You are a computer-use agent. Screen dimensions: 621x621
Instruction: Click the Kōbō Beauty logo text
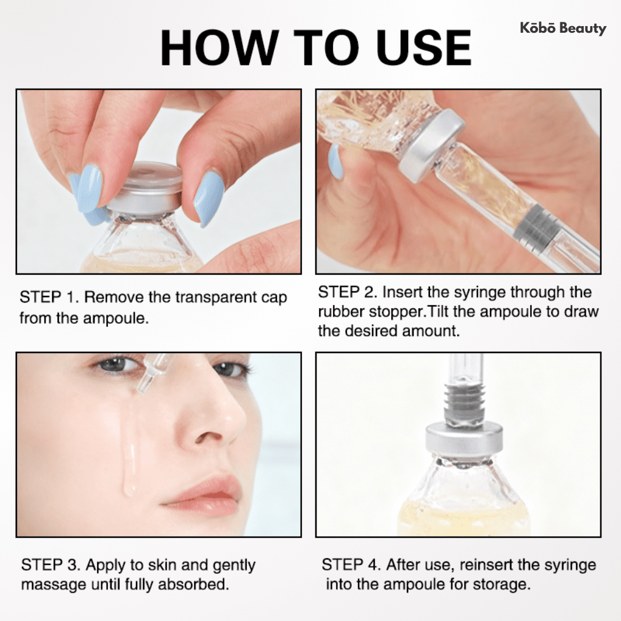coord(563,28)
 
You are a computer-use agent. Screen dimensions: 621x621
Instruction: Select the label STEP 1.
coord(47,298)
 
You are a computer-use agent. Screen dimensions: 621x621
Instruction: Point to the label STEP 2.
coord(346,292)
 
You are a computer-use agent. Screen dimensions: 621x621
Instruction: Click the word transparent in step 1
coord(216,298)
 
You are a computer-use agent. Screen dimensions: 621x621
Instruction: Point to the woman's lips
coord(206,493)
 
